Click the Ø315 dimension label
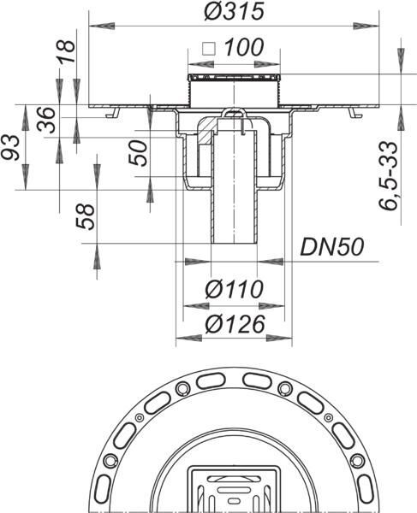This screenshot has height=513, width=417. click(x=234, y=11)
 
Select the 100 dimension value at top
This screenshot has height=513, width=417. click(x=244, y=48)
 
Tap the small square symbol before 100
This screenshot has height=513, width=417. click(x=209, y=49)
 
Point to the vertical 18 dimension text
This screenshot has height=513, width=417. click(x=67, y=52)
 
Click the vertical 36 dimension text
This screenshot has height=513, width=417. click(x=46, y=120)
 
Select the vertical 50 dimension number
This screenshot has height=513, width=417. click(x=138, y=153)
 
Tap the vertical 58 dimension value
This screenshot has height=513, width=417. click(x=86, y=216)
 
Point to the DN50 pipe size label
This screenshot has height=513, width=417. click(x=332, y=247)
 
